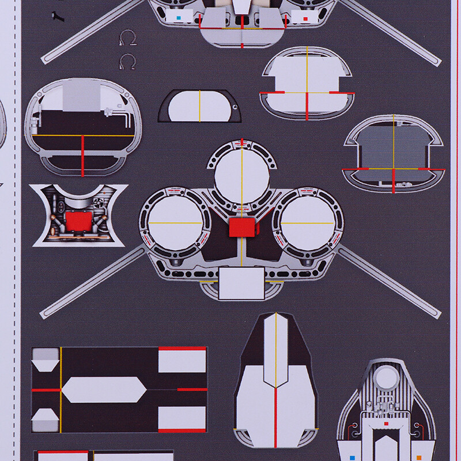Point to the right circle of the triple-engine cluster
(307, 223)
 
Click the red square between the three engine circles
(242, 227)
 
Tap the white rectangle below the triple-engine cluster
(242, 284)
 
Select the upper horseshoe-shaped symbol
(126, 39)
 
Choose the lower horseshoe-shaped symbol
(126, 61)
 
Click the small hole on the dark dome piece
(235, 106)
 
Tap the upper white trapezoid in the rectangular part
(44, 365)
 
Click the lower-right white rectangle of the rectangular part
(182, 417)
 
